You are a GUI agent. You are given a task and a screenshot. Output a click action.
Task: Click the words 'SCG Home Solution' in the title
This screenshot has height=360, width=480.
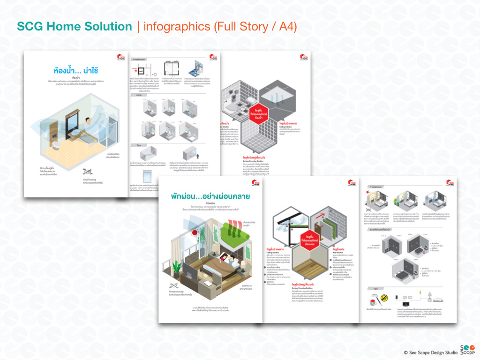pyautogui.click(x=75, y=27)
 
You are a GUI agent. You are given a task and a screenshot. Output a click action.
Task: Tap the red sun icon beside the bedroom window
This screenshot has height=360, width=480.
pyautogui.click(x=192, y=233)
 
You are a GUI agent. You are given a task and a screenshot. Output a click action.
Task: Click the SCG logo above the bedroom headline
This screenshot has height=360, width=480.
pyautogui.click(x=255, y=183)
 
